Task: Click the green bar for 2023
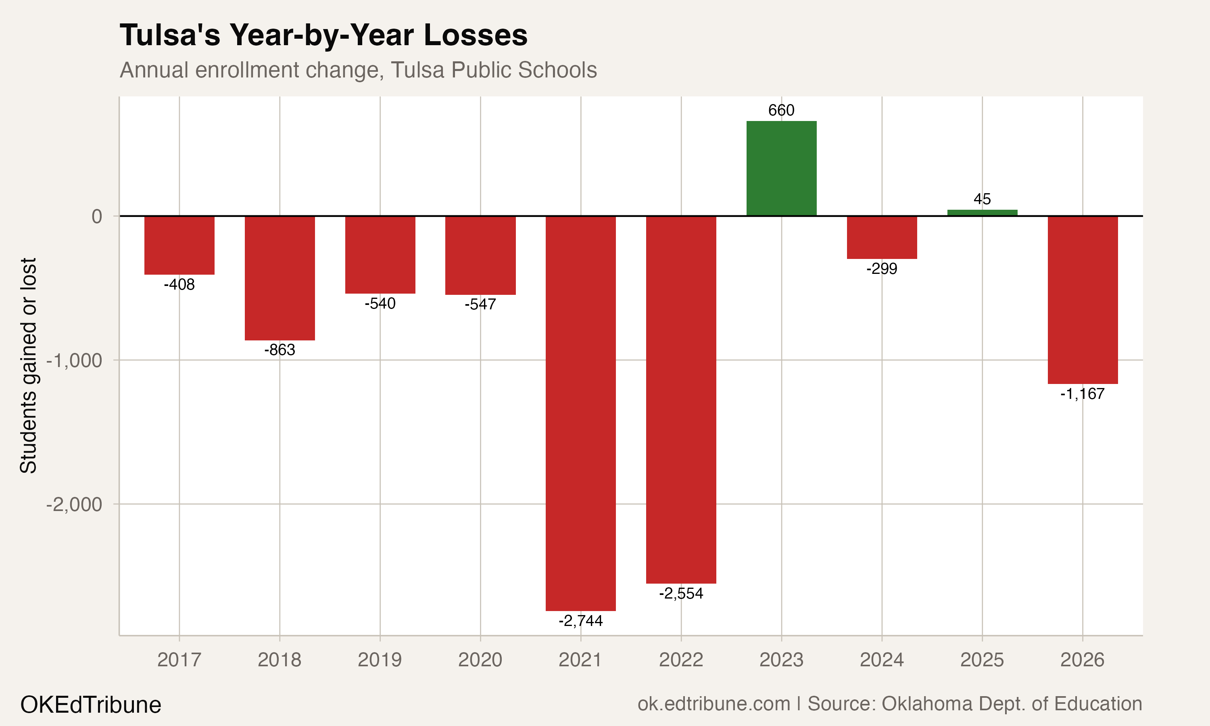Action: click(x=781, y=168)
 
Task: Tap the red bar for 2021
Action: click(x=580, y=413)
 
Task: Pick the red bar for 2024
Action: click(x=882, y=237)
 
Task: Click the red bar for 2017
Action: click(x=179, y=245)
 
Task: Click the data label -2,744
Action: click(x=580, y=621)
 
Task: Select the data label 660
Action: click(x=781, y=110)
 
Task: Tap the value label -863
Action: click(x=280, y=350)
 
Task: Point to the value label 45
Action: click(x=982, y=199)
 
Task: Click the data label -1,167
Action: click(x=1083, y=394)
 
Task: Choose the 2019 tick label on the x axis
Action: click(x=380, y=660)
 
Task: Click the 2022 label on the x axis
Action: click(x=681, y=660)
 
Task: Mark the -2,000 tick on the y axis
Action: click(x=74, y=505)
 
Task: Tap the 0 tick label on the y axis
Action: click(x=97, y=216)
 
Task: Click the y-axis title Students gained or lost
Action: click(x=28, y=365)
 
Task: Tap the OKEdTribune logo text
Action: click(x=90, y=705)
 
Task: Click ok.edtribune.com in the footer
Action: click(x=713, y=703)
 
